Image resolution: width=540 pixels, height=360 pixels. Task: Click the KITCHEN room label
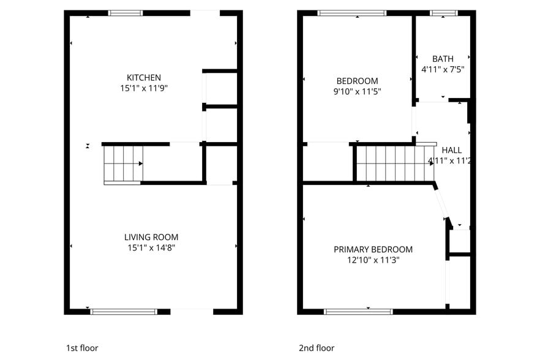pos(144,78)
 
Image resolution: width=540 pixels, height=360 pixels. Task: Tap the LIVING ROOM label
pos(151,237)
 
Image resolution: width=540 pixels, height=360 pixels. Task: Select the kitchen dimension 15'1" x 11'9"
pos(144,88)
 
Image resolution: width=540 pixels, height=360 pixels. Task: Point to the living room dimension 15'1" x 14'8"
pos(151,248)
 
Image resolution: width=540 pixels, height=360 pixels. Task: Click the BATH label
pos(442,59)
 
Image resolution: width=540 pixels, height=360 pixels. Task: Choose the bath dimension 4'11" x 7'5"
pos(442,70)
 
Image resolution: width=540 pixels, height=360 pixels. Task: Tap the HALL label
pos(452,150)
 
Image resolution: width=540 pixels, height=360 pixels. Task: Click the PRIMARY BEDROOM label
pos(373,249)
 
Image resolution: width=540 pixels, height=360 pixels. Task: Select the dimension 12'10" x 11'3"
pos(373,260)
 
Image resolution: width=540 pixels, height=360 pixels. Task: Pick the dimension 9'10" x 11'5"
pos(357,92)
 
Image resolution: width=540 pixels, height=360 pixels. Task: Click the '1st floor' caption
pos(82,348)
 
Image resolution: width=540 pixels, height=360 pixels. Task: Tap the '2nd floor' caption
pos(317,348)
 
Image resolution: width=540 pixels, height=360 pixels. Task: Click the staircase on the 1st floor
pos(123,163)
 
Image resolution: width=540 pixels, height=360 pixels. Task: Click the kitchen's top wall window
pos(126,13)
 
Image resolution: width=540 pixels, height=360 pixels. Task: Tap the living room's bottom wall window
pos(124,312)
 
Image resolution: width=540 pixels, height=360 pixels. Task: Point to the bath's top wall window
pos(443,13)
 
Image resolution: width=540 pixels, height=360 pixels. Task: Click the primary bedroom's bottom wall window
pos(358,312)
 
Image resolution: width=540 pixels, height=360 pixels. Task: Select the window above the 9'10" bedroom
pos(352,13)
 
